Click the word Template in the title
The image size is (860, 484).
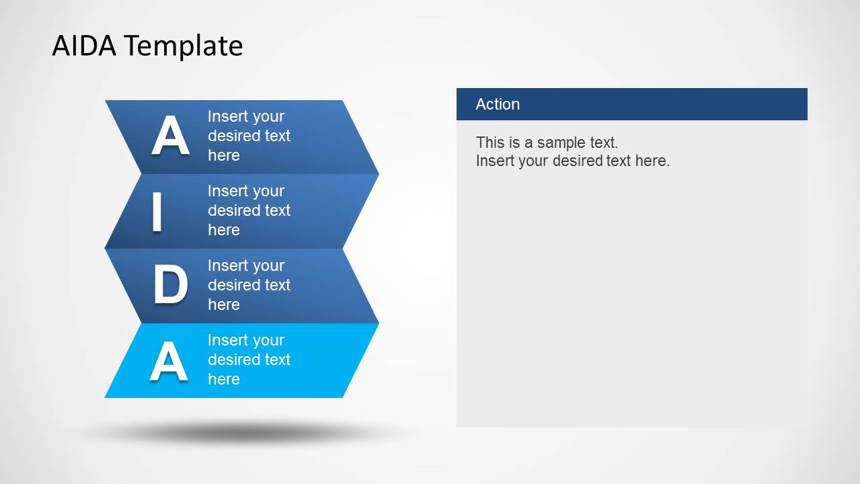point(184,46)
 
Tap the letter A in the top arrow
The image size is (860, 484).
point(169,136)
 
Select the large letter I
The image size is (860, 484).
point(157,212)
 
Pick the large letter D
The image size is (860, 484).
point(170,285)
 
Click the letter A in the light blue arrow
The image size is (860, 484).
point(169,361)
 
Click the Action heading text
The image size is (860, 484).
point(498,104)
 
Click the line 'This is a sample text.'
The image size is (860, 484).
point(547,143)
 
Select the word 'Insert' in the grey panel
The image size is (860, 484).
point(495,161)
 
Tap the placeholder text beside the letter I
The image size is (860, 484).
point(249,210)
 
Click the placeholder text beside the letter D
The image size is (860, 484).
point(249,285)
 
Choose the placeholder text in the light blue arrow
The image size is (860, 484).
point(249,360)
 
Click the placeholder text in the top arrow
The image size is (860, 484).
point(249,136)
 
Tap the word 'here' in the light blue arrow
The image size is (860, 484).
point(224,379)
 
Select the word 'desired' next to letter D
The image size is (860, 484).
point(232,285)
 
